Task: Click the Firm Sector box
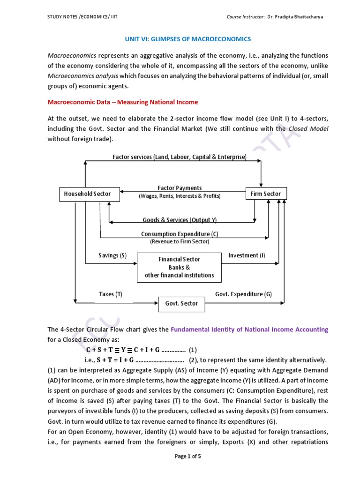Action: click(266, 194)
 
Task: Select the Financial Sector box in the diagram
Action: click(179, 267)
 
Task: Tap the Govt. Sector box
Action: click(181, 303)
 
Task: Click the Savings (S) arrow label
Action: click(112, 255)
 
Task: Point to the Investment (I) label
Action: click(247, 255)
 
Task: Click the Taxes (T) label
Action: click(111, 294)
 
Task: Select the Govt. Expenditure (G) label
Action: click(243, 294)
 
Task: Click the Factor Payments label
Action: click(180, 187)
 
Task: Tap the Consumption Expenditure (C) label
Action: click(180, 234)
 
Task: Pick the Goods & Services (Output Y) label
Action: click(180, 220)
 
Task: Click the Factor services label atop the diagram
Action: click(180, 157)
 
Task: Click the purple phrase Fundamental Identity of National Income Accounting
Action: click(249, 330)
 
